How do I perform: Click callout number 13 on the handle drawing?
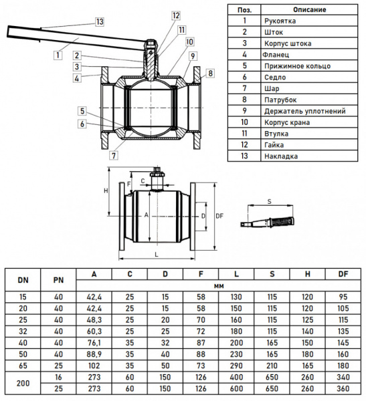[x=100, y=22]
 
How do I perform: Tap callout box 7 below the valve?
[x=114, y=155]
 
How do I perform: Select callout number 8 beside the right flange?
[x=210, y=74]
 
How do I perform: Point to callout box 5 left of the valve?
[x=82, y=111]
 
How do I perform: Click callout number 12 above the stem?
[x=176, y=15]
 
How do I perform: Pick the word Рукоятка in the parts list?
[x=280, y=21]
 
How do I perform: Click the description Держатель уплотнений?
[x=305, y=111]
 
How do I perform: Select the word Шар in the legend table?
[x=272, y=89]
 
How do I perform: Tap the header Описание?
[x=309, y=10]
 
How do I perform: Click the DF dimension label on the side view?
[x=219, y=216]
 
